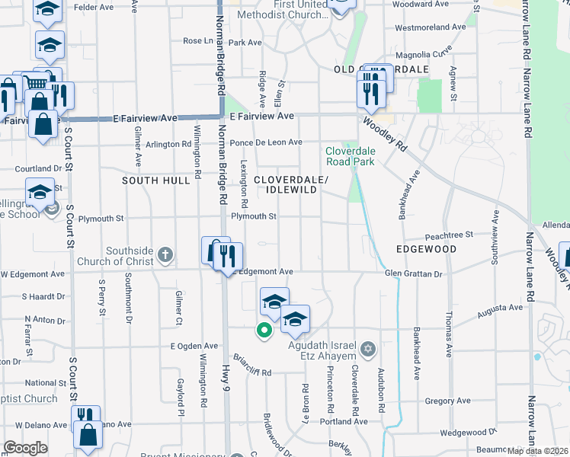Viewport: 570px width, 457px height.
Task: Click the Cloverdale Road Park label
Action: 350,156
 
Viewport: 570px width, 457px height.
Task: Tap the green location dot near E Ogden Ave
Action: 264,331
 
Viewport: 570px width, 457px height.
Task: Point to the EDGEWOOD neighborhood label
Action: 426,249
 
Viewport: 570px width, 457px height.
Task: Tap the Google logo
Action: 25,448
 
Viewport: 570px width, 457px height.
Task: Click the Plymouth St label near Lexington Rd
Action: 253,216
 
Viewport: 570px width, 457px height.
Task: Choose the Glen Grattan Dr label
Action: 414,273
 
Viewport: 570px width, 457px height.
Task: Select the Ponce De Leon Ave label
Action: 266,142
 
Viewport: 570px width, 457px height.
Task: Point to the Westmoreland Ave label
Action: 431,27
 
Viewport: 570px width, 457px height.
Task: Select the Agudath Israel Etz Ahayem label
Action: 322,350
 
